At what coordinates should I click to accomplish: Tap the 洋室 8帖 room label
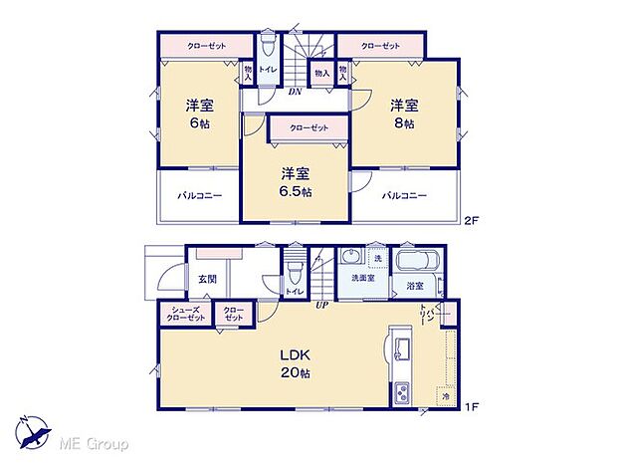point(402,115)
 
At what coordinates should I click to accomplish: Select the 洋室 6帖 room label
point(198,115)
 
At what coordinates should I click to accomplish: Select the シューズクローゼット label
point(185,313)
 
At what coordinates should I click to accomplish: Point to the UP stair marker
point(322,305)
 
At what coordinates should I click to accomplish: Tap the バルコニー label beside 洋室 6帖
point(201,195)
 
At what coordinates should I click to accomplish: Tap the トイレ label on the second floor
point(268,70)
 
